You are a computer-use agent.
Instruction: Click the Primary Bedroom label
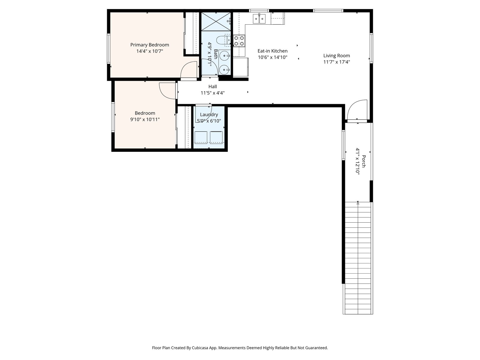150,45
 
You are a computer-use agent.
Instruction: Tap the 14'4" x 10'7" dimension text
150,51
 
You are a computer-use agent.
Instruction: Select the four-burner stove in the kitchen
239,41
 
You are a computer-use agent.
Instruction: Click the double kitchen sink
259,19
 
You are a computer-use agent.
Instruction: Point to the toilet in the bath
223,40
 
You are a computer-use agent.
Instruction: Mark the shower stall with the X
216,22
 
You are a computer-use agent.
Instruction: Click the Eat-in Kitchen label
272,51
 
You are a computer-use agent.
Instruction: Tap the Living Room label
337,56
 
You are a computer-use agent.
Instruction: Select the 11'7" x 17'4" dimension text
337,62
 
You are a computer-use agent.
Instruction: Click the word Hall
213,87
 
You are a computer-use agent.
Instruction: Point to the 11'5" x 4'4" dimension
213,93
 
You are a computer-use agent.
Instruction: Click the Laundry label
209,115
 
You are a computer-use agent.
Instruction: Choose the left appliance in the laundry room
201,137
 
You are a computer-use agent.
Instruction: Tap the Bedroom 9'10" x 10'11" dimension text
145,119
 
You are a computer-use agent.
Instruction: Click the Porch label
364,161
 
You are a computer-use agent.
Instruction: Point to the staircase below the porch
358,258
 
